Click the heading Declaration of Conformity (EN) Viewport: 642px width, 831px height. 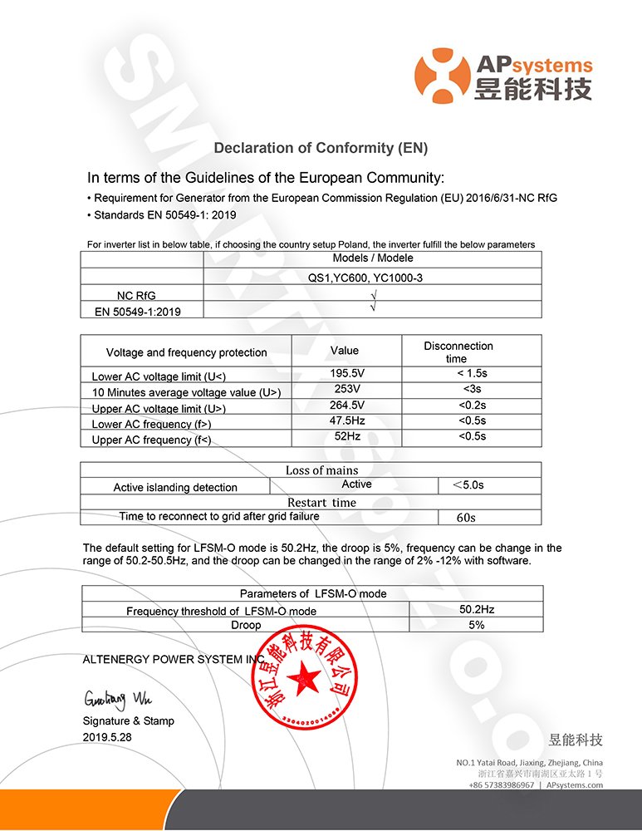click(x=321, y=148)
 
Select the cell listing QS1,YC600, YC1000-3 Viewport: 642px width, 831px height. click(x=372, y=278)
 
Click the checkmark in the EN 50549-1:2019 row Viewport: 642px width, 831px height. click(x=373, y=308)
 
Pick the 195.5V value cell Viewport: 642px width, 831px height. click(x=346, y=374)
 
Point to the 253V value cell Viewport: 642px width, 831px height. click(x=346, y=389)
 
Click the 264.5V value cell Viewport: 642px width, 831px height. click(x=346, y=405)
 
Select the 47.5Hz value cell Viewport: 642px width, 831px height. click(x=346, y=420)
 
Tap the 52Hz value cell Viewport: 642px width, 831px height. click(x=346, y=435)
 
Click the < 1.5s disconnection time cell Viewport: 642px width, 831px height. click(x=471, y=374)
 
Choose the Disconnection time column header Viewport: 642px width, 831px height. click(x=458, y=352)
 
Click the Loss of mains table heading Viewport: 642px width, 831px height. click(x=311, y=470)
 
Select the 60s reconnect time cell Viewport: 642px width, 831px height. click(x=466, y=517)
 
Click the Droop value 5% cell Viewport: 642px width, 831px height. click(x=476, y=625)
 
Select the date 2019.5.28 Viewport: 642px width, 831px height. click(x=108, y=737)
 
